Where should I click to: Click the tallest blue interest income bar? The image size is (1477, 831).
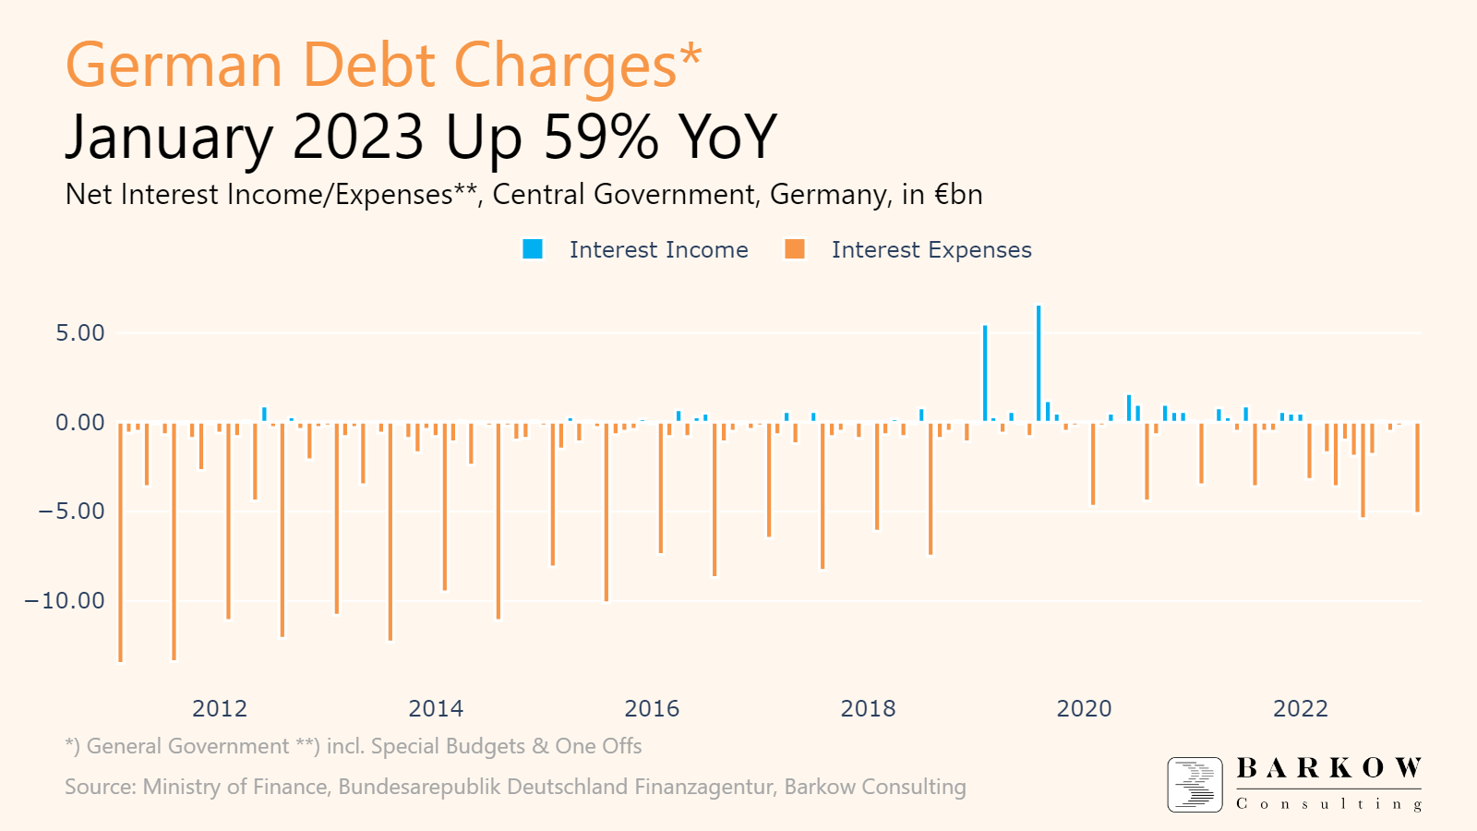coord(1039,364)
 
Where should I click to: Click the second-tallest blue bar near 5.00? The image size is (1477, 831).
coord(985,373)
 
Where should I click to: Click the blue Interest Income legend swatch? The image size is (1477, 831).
coord(533,249)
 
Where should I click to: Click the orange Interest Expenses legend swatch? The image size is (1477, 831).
coord(795,249)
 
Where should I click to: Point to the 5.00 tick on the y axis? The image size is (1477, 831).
coord(80,333)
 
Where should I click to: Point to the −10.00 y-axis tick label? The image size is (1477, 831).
coord(65,601)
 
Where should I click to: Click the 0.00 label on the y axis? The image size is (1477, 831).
coord(80,423)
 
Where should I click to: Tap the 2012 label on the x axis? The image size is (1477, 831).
coord(220,709)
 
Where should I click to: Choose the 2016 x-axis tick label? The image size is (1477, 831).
coord(652,709)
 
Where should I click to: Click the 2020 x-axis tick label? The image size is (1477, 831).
coord(1084,709)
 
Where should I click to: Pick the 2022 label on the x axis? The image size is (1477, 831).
coord(1300,709)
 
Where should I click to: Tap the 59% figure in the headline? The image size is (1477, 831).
coord(601,137)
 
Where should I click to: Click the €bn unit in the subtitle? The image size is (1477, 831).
coord(958,195)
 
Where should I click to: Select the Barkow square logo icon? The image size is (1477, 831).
coord(1195,785)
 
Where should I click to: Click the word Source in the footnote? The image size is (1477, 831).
coord(100,788)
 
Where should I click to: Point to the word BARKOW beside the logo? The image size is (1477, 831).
coord(1328,768)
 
